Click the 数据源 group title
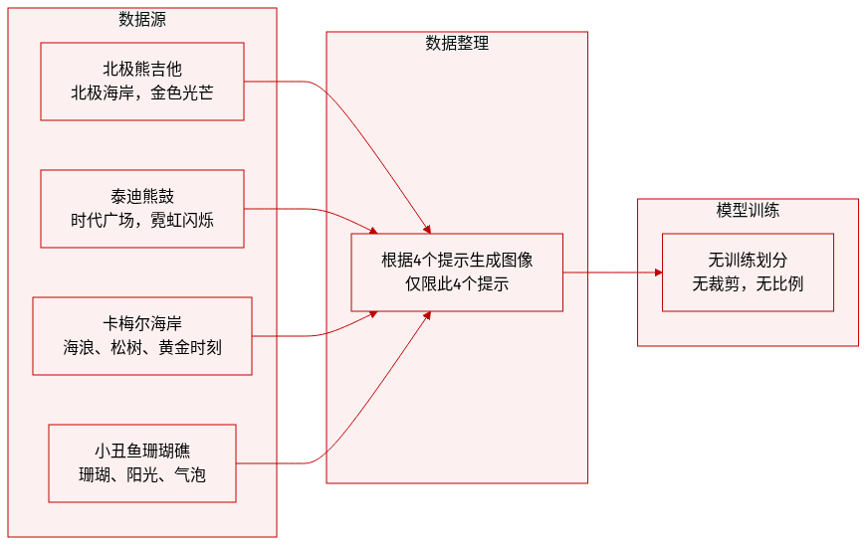142,20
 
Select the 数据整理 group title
457,44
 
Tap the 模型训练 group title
748,211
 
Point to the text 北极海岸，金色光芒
142,93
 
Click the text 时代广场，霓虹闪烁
142,221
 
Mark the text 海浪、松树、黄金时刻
142,348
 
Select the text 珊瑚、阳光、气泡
142,475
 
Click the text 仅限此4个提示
457,284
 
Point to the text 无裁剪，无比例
748,284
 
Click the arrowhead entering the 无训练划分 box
657,272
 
